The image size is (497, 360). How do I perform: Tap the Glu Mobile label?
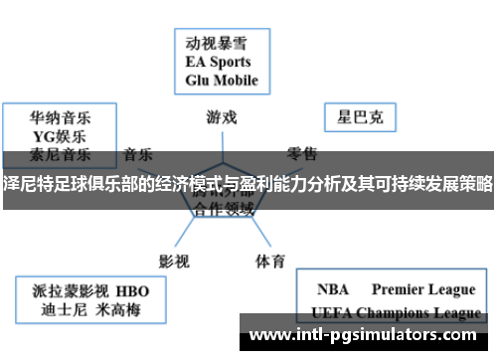(x=222, y=81)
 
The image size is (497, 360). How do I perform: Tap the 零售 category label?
(x=302, y=154)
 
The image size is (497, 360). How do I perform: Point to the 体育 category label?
(x=270, y=234)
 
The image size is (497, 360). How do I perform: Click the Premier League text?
(x=423, y=290)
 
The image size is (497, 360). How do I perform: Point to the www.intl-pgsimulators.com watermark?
(x=368, y=334)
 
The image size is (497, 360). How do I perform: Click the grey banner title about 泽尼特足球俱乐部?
(x=248, y=182)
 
